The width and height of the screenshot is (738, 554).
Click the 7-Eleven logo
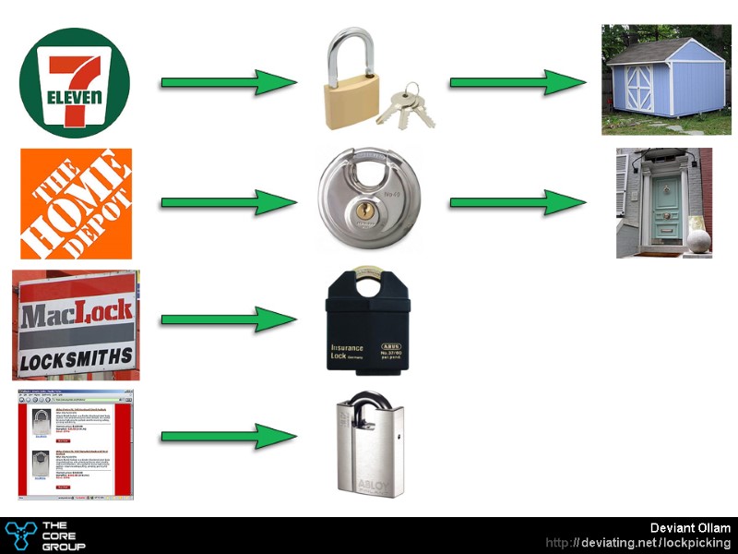point(76,81)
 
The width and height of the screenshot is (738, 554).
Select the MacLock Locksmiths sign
point(76,325)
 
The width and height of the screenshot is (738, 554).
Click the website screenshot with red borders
point(76,445)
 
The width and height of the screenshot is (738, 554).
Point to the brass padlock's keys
point(406,105)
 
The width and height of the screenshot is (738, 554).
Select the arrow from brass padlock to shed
point(518,82)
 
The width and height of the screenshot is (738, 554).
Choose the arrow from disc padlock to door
point(518,202)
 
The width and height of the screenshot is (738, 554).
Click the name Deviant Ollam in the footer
point(690,528)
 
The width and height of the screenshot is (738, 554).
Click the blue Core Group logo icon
point(19,536)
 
